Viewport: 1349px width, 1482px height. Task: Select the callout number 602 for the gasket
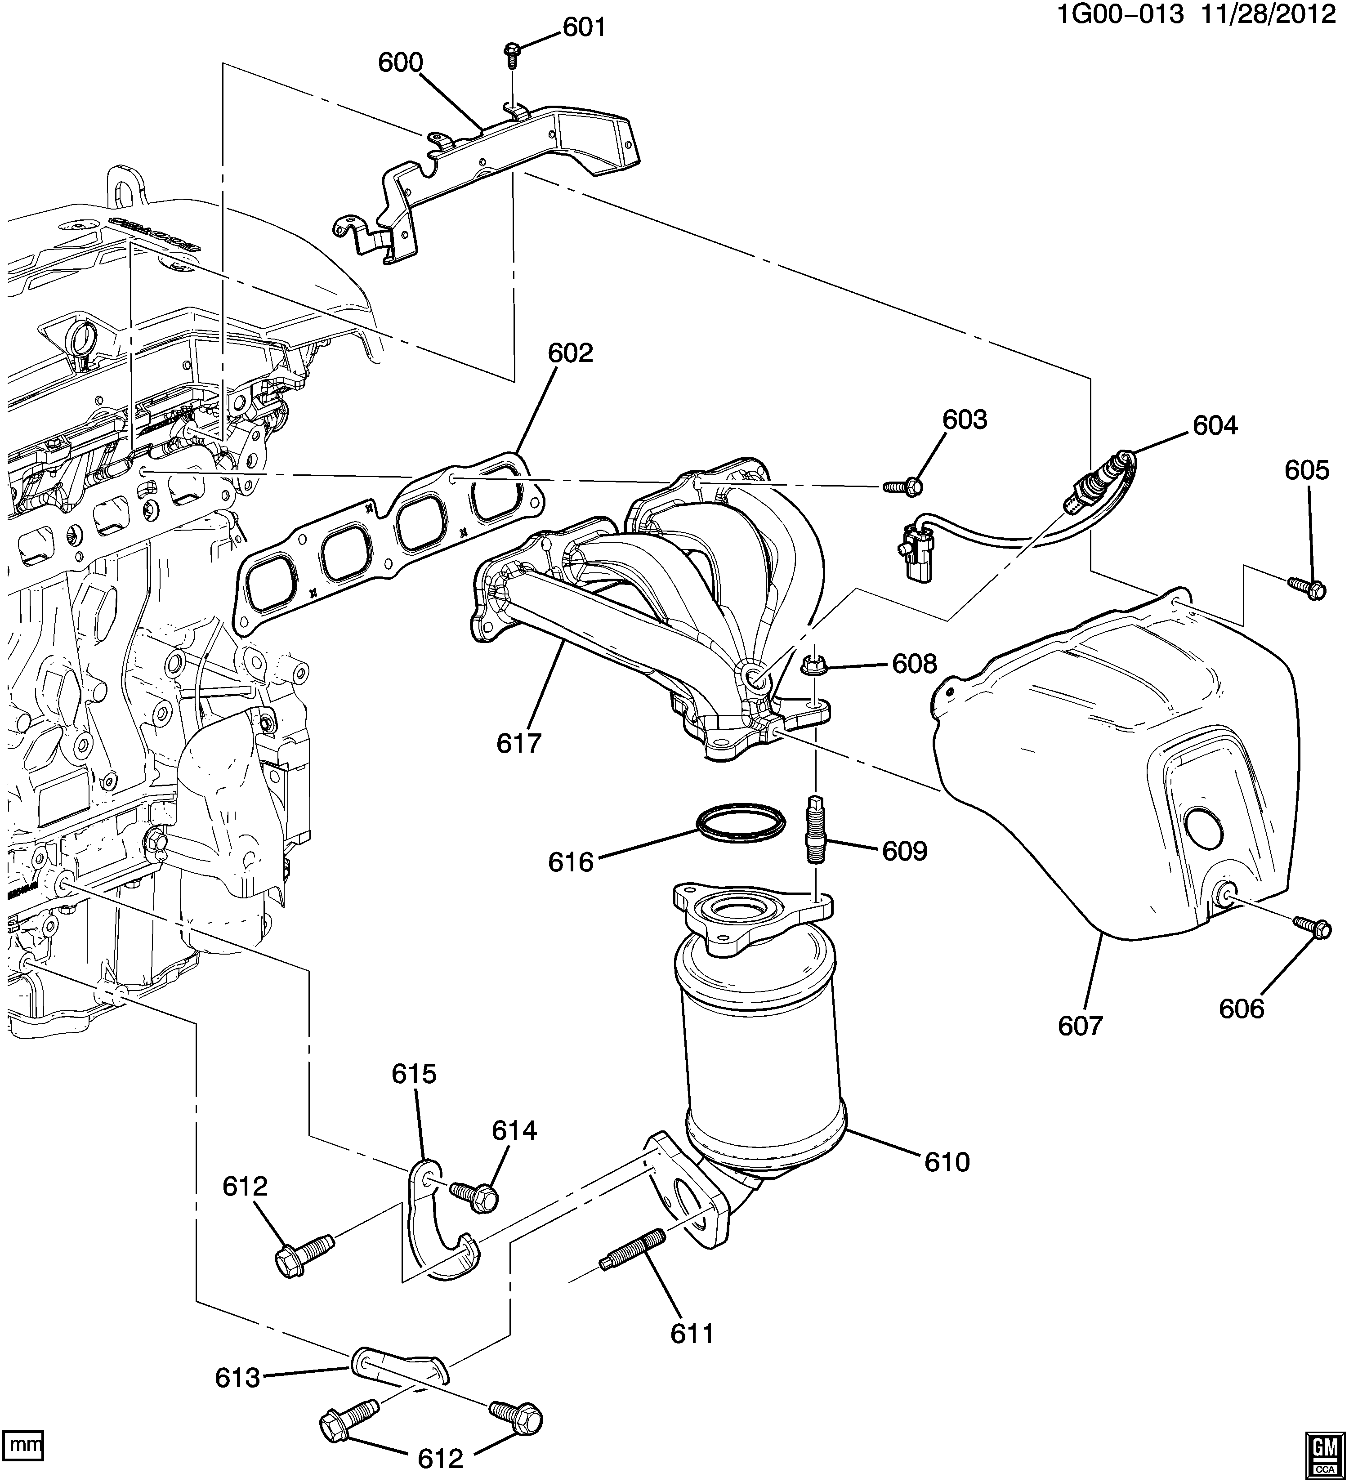pos(571,353)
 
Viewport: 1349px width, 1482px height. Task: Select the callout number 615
pos(414,1074)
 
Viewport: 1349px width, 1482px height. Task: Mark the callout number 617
pos(519,743)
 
